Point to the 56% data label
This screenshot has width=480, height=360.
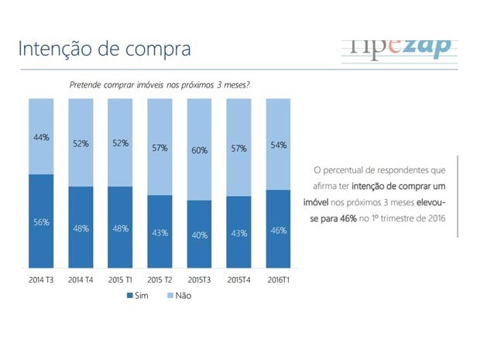[41, 222]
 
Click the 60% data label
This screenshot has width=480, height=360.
[199, 150]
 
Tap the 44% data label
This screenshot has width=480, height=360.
[41, 137]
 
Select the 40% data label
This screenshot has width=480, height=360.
[199, 235]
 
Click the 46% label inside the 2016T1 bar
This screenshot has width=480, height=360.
[279, 230]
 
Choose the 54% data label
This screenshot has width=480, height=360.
[279, 145]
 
